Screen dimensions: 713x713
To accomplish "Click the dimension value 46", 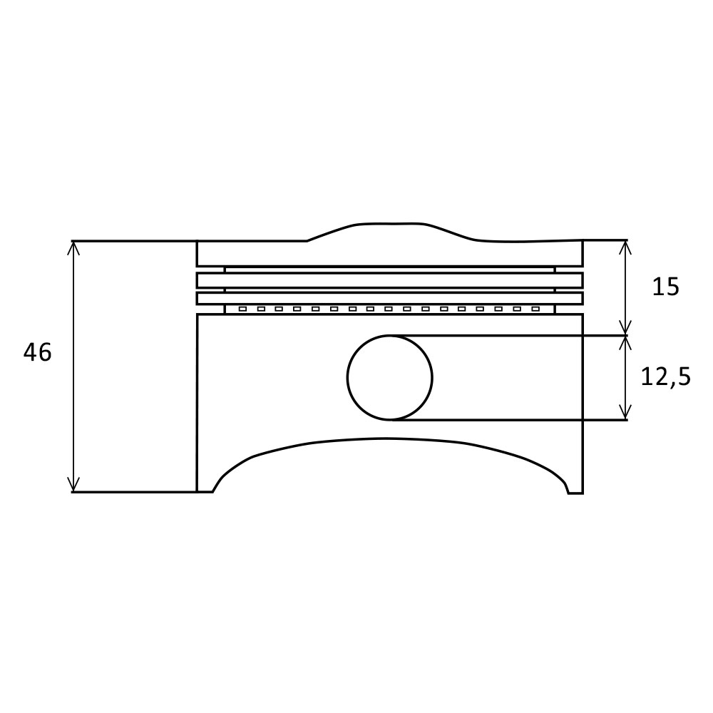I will (38, 352).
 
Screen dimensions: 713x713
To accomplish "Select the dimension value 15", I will (666, 287).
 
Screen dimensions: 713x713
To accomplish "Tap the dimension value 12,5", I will (666, 376).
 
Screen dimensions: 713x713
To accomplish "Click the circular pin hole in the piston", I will (389, 377).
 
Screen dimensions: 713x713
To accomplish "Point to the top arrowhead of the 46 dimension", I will (73, 245).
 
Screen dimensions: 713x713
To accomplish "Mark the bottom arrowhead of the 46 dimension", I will (73, 488).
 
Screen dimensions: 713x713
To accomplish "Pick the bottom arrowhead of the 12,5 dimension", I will (625, 416).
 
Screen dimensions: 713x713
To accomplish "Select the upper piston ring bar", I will (389, 279).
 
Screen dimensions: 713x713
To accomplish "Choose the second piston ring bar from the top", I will (389, 298).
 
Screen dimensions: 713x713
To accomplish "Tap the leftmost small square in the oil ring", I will (242, 309).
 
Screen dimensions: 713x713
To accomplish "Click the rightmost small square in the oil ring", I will (535, 309).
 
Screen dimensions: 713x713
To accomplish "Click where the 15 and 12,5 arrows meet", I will (625, 335).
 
